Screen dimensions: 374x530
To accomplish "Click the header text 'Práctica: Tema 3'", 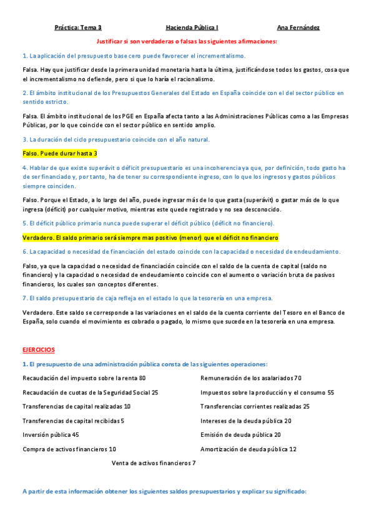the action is (78, 27).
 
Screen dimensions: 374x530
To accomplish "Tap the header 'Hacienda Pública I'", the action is (192, 27).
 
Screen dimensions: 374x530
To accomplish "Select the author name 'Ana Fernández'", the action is (298, 27).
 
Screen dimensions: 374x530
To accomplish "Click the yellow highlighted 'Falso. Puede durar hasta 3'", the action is (60, 153).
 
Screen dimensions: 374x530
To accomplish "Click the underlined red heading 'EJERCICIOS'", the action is (39, 350).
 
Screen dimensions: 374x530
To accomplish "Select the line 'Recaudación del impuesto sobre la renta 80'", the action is (84, 378).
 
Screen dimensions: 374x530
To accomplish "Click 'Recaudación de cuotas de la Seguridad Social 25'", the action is (90, 392).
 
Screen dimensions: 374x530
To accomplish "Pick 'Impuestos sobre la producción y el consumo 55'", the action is (267, 392).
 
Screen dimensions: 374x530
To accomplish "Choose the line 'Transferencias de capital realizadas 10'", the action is (76, 406).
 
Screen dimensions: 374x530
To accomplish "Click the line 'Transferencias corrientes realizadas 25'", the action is (255, 406).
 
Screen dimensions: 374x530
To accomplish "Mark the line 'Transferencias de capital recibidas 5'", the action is (73, 421).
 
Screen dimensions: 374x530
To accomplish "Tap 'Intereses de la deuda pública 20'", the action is (246, 421).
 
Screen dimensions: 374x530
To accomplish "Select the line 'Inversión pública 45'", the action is (51, 434).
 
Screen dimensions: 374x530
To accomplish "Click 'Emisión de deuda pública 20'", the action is (240, 434).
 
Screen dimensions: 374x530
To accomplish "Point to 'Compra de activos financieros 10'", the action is (69, 449).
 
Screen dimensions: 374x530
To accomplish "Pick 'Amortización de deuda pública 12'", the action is (249, 449).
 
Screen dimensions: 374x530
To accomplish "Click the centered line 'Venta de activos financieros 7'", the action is (154, 462).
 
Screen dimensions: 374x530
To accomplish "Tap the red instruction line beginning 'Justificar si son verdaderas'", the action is (187, 41).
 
